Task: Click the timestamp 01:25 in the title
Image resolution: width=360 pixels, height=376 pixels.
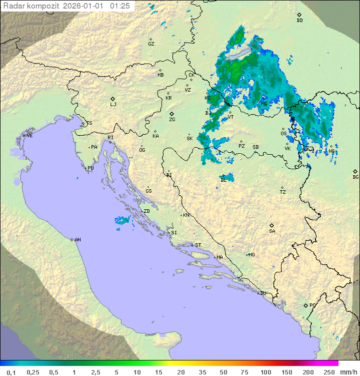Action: (120, 6)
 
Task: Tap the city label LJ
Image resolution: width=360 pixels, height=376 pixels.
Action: (113, 104)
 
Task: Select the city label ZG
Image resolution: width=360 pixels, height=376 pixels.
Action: (172, 119)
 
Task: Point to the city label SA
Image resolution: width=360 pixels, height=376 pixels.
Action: (272, 231)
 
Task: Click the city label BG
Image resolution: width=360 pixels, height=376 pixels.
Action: (355, 177)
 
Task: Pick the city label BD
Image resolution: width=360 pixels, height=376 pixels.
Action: (299, 21)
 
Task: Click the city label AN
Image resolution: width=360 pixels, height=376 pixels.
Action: (77, 240)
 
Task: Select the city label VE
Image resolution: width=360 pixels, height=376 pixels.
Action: (29, 135)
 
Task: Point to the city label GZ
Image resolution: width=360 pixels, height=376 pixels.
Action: (151, 44)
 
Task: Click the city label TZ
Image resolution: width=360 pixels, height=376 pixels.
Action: (283, 192)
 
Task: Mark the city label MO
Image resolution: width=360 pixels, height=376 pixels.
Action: (251, 254)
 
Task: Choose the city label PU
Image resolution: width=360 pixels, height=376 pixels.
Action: (90, 168)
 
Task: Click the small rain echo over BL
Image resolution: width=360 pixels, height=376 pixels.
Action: (225, 178)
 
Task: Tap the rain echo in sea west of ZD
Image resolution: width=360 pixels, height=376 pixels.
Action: (122, 220)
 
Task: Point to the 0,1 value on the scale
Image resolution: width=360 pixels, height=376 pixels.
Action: (11, 372)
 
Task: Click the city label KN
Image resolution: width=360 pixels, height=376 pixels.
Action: (186, 215)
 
